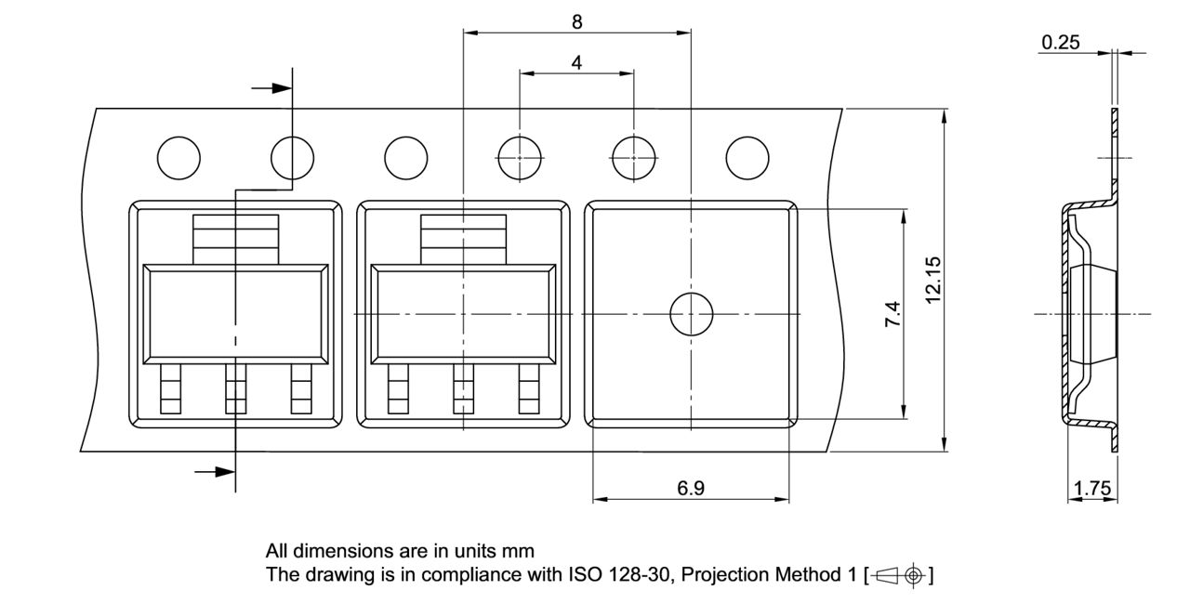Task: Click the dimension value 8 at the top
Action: (x=577, y=20)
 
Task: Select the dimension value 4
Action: (x=576, y=62)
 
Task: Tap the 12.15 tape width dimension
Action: (x=934, y=279)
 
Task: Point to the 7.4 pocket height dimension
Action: (x=892, y=314)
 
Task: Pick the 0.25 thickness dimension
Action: (x=1061, y=42)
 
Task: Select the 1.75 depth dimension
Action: (x=1091, y=488)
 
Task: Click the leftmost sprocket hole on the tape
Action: (x=178, y=157)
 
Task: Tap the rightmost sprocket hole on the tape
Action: (x=747, y=157)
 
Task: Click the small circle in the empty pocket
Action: (x=691, y=313)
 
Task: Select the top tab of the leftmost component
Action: (x=235, y=239)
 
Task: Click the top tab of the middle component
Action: (x=463, y=239)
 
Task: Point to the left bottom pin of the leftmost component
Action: (x=171, y=388)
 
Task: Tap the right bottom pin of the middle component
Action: (x=529, y=388)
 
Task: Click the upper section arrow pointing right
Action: (x=271, y=87)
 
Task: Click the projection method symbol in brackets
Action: (x=899, y=576)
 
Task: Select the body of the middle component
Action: (x=463, y=314)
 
